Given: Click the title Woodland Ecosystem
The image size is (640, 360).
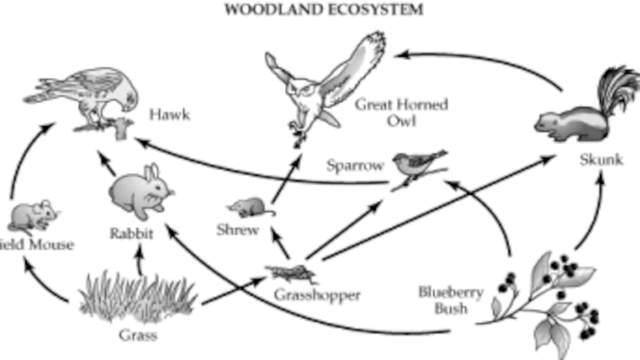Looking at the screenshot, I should (x=324, y=10).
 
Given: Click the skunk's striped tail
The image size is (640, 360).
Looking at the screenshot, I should (x=619, y=88).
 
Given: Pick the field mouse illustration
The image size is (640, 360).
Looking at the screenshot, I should (x=32, y=216).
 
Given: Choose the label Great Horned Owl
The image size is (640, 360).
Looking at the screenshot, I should (x=401, y=112).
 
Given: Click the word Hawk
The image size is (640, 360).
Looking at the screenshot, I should (x=169, y=115).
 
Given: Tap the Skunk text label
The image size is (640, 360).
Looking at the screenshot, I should (x=601, y=160).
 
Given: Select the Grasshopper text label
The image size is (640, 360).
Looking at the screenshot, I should (x=317, y=294).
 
